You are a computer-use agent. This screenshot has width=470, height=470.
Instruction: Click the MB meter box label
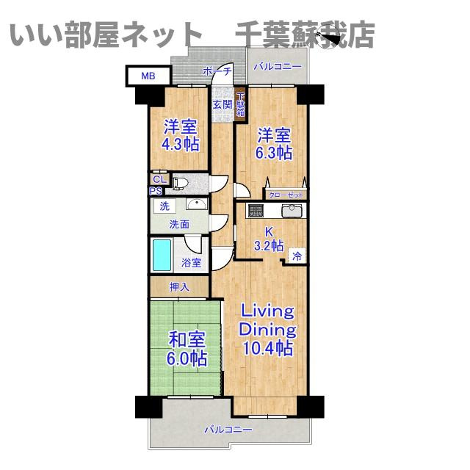click(x=148, y=75)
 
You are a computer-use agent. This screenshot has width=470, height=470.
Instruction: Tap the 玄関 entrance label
click(x=223, y=104)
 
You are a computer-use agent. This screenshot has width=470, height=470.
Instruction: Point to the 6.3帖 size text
click(x=274, y=153)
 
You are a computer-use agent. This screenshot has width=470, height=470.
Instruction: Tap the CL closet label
click(x=159, y=178)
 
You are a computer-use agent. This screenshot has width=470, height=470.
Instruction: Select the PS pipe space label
click(x=156, y=191)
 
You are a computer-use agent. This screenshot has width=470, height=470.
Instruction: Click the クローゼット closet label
click(x=285, y=195)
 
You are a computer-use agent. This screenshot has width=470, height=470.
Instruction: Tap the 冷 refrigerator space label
click(x=297, y=256)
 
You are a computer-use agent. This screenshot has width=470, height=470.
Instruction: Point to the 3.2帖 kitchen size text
click(x=269, y=246)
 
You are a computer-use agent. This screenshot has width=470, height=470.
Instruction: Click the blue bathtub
click(x=162, y=255)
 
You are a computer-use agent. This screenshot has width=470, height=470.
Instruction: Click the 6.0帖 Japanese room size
click(x=187, y=359)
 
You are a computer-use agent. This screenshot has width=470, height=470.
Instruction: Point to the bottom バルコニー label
click(x=228, y=430)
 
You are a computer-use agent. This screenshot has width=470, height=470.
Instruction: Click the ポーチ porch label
click(x=217, y=71)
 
